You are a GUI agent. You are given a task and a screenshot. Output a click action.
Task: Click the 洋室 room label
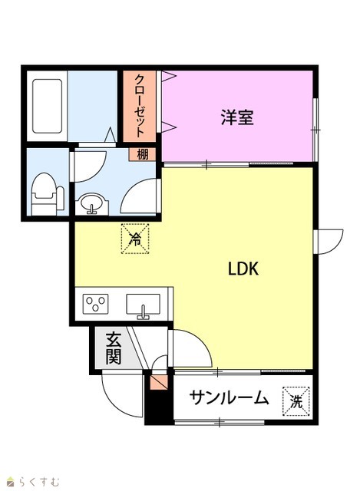(237, 117)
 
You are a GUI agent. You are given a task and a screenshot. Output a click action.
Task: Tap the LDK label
(243, 269)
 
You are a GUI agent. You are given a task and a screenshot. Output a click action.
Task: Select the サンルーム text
(229, 398)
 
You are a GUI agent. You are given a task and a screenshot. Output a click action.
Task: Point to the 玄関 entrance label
(113, 348)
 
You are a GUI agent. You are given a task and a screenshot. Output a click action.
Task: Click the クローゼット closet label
(140, 106)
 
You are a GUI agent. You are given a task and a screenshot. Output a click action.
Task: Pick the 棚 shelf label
(143, 154)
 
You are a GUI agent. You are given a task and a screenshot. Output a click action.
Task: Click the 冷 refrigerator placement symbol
(135, 239)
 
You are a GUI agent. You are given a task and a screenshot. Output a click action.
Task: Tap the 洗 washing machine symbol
(296, 402)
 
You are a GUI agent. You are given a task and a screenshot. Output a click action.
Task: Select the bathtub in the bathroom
(47, 106)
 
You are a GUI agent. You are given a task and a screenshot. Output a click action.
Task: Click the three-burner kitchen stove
(95, 304)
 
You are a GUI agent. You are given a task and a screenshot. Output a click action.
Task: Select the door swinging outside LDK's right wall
(330, 242)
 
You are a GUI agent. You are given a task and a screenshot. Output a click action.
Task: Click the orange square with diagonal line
(159, 382)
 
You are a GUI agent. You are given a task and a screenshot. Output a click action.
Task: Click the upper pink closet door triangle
(169, 76)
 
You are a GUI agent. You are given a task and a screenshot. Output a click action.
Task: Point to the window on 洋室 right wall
(315, 130)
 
